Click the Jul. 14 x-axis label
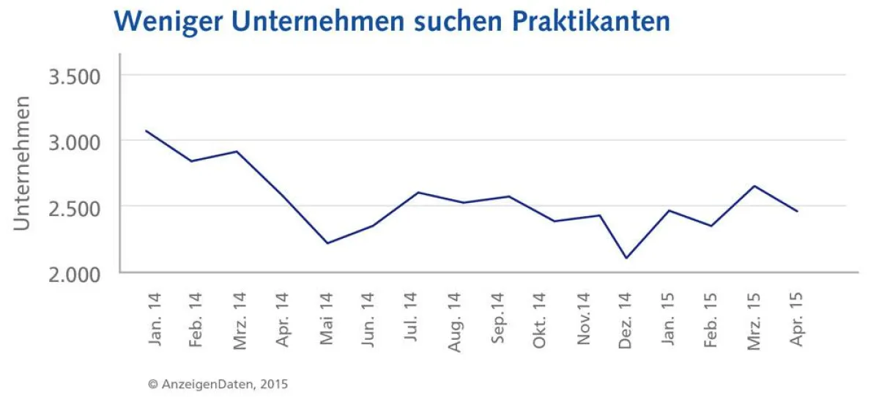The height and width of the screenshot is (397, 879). click(x=410, y=316)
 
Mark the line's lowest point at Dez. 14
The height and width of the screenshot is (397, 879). click(x=626, y=258)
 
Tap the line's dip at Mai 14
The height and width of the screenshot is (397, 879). click(x=327, y=243)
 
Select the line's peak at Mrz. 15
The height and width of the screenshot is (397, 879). click(x=754, y=186)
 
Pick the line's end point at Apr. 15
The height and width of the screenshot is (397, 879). click(x=797, y=211)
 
